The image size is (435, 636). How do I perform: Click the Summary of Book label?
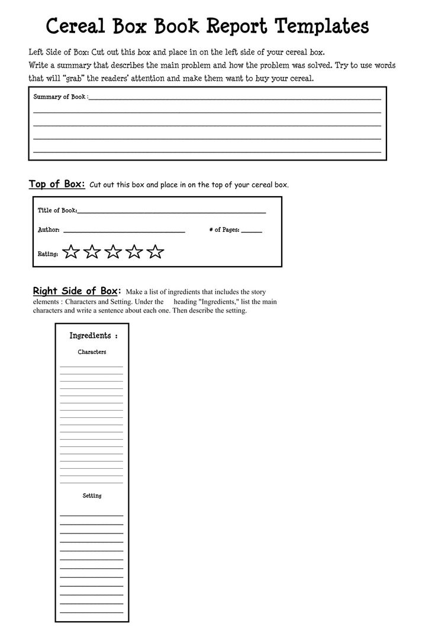coord(60,97)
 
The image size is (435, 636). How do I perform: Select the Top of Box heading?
coord(57,184)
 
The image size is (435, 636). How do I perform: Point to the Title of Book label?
coord(57,210)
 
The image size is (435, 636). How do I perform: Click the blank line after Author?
coord(124,231)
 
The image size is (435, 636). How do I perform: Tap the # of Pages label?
coord(224,230)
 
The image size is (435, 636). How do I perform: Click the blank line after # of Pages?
coord(252,232)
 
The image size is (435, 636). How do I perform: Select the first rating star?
coord(71,252)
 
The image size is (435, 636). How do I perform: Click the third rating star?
coord(113,252)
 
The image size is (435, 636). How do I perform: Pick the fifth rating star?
coord(155,252)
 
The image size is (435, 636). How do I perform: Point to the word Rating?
coord(48,254)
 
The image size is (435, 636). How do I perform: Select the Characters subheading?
coord(92,352)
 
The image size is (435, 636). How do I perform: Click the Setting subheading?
coord(92,496)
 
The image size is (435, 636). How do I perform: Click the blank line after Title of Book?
coord(172,212)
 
